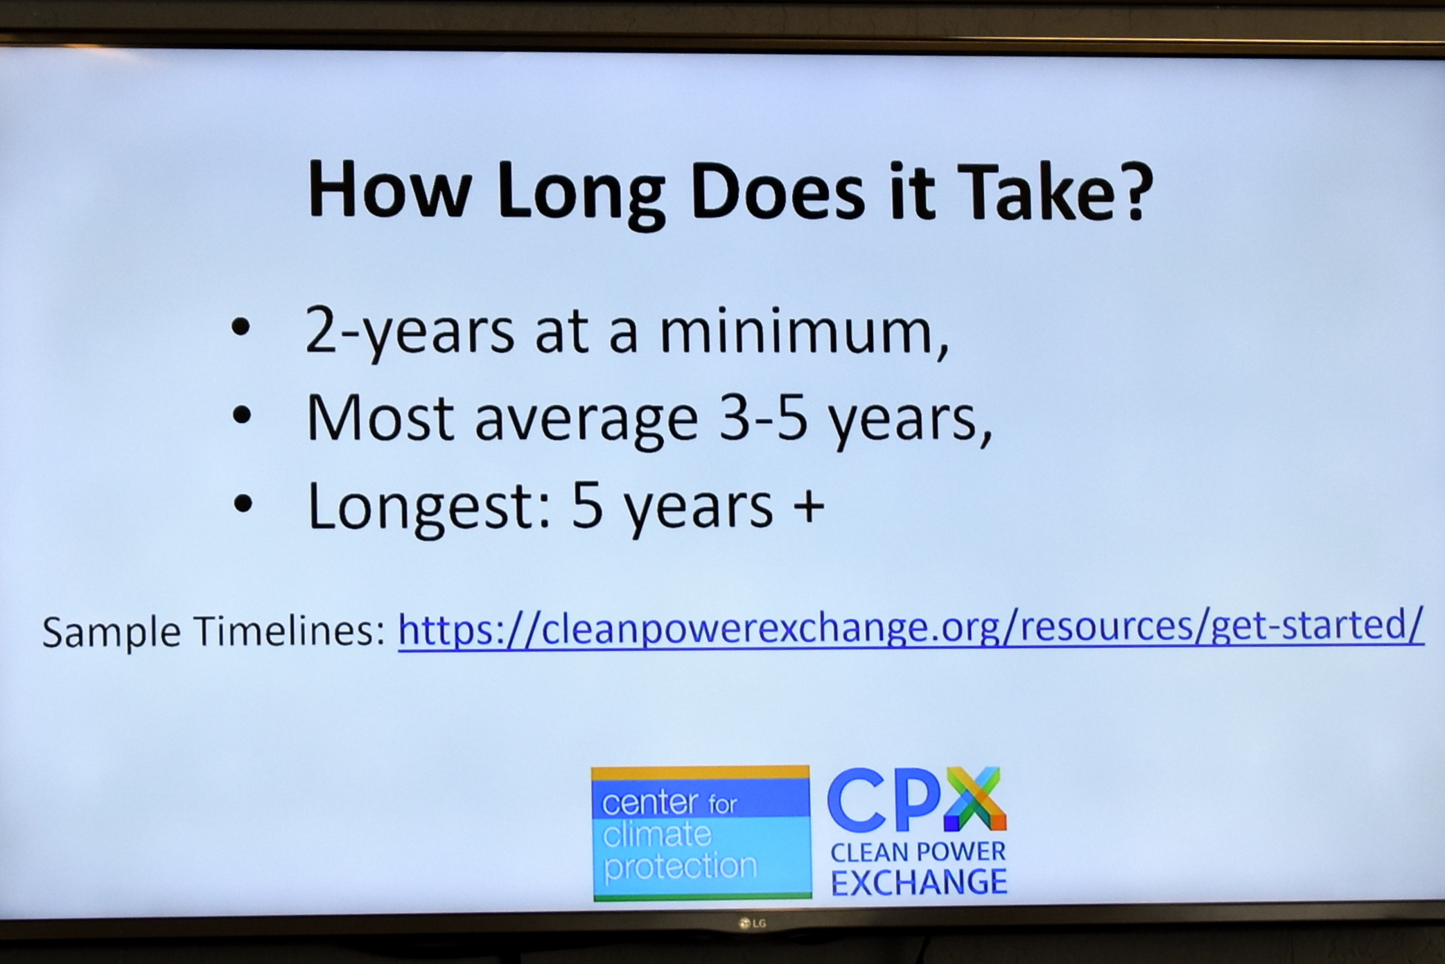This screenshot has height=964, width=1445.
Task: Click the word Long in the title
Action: (x=581, y=195)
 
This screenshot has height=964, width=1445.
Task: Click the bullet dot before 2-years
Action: (x=241, y=327)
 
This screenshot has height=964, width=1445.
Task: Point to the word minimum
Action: (x=804, y=331)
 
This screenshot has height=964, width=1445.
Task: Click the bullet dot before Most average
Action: (x=242, y=415)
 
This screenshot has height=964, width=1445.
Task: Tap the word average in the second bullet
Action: (x=586, y=422)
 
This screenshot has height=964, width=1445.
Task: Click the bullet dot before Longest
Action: (x=243, y=503)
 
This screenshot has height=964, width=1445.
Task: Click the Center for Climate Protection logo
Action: (x=701, y=832)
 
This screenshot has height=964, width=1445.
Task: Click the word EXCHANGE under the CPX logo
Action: (x=919, y=882)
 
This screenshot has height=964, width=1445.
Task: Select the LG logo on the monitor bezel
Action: (x=753, y=923)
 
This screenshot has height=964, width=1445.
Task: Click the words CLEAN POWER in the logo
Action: (x=918, y=852)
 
